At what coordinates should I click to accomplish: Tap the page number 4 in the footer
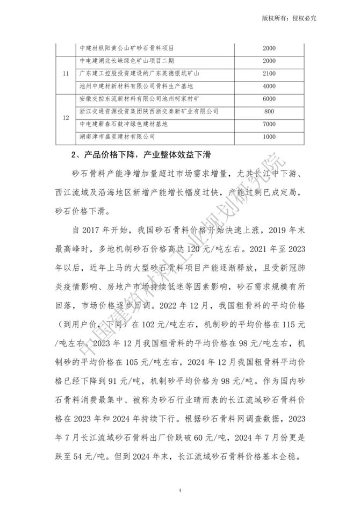point(180,490)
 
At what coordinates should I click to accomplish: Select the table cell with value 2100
point(269,73)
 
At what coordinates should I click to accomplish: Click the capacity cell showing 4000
point(269,85)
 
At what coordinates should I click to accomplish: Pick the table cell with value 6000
point(269,98)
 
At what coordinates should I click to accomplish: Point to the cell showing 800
point(269,111)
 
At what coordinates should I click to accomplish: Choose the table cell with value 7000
point(269,124)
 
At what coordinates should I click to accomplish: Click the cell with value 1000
point(269,137)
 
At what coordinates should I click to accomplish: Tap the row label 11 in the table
point(66,73)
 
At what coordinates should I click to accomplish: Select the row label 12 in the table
point(66,118)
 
